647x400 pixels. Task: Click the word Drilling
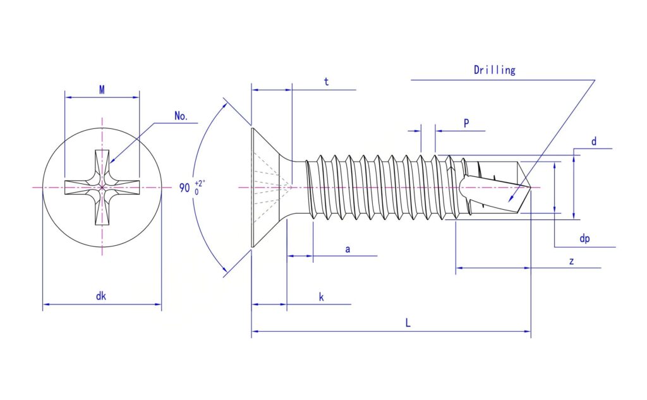click(x=494, y=70)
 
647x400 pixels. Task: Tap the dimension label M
click(x=102, y=90)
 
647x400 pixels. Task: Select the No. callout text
click(x=181, y=116)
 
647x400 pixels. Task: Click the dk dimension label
click(x=101, y=296)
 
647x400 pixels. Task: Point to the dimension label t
click(x=326, y=82)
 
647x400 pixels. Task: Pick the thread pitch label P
click(x=466, y=123)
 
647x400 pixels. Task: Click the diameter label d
click(x=594, y=141)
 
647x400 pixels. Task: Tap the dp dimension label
click(x=584, y=238)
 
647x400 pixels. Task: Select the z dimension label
click(x=571, y=262)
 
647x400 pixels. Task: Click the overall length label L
click(x=408, y=322)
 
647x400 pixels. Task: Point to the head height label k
click(x=322, y=297)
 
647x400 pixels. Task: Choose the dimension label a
click(x=348, y=250)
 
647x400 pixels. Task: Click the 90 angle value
click(x=184, y=188)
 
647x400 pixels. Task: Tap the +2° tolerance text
click(x=200, y=184)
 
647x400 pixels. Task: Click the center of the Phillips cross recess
click(x=102, y=188)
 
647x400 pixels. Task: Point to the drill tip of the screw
click(x=530, y=187)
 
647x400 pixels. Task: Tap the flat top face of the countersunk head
click(x=251, y=188)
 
